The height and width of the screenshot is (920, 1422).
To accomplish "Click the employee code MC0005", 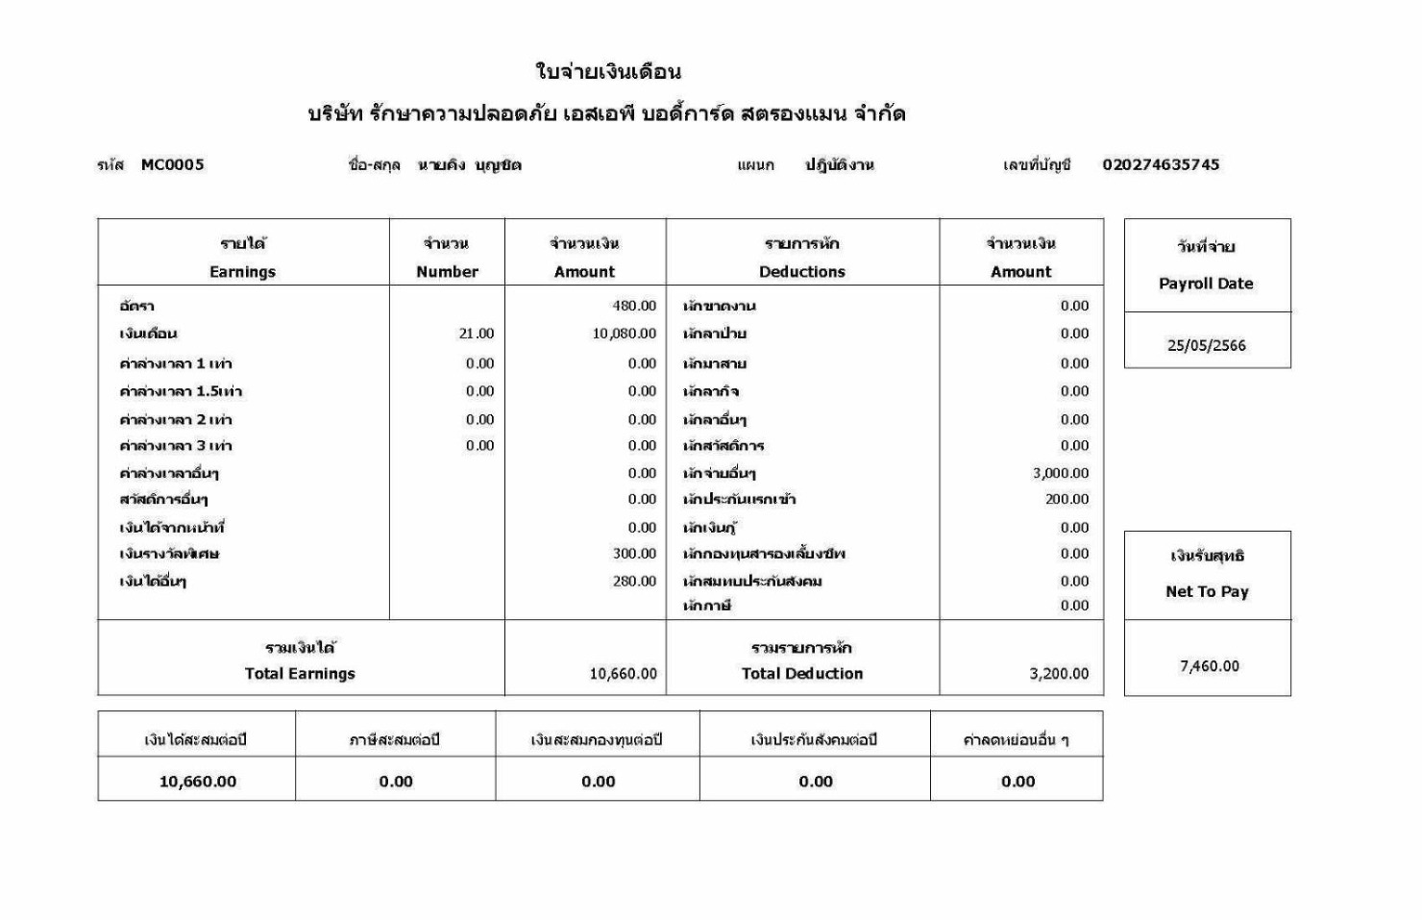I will (172, 164).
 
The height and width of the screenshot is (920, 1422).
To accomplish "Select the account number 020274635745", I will (1161, 164).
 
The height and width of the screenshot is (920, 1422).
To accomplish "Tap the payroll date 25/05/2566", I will (1206, 345).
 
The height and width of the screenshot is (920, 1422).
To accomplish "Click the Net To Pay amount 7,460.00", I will (1209, 665).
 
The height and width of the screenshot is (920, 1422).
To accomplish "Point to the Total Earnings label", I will (300, 673).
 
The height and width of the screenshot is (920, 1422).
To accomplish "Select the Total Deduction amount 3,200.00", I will (1059, 673).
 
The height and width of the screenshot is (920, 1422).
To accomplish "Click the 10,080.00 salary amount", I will (624, 334).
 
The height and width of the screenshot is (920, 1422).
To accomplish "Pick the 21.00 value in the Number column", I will (477, 334).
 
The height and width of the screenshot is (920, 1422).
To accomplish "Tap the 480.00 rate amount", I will (634, 306).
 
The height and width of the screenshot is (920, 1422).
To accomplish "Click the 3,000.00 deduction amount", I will (1061, 473).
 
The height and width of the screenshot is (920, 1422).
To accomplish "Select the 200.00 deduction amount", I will (1066, 499).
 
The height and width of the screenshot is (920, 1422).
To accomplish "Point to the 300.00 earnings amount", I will (634, 553).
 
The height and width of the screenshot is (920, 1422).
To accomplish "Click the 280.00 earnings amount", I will (634, 581).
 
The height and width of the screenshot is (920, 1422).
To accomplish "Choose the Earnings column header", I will (242, 271).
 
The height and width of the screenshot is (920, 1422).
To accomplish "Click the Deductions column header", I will (801, 271).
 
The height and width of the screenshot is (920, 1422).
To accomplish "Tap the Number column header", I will (447, 271).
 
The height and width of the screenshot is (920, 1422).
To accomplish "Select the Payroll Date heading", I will (1206, 284).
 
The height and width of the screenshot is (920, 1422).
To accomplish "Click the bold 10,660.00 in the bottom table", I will (197, 782).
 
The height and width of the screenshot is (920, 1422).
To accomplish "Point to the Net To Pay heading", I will (1207, 591).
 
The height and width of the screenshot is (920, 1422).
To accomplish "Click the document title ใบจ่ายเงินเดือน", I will (607, 71).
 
